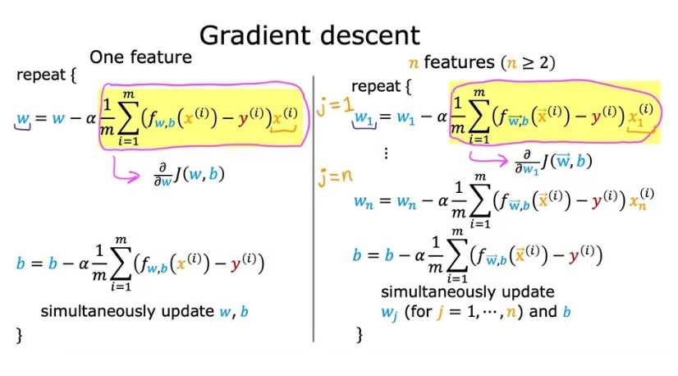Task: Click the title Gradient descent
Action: (x=309, y=34)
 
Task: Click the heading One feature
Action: (x=140, y=57)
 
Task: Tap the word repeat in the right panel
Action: (x=376, y=86)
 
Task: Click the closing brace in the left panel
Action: (x=19, y=335)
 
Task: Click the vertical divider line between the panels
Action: (x=314, y=205)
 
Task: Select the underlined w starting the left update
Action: (x=22, y=120)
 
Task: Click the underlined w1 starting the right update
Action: (x=363, y=120)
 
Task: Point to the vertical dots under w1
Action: (x=386, y=154)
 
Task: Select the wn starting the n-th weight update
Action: (x=363, y=201)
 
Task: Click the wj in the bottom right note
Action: (x=387, y=312)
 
